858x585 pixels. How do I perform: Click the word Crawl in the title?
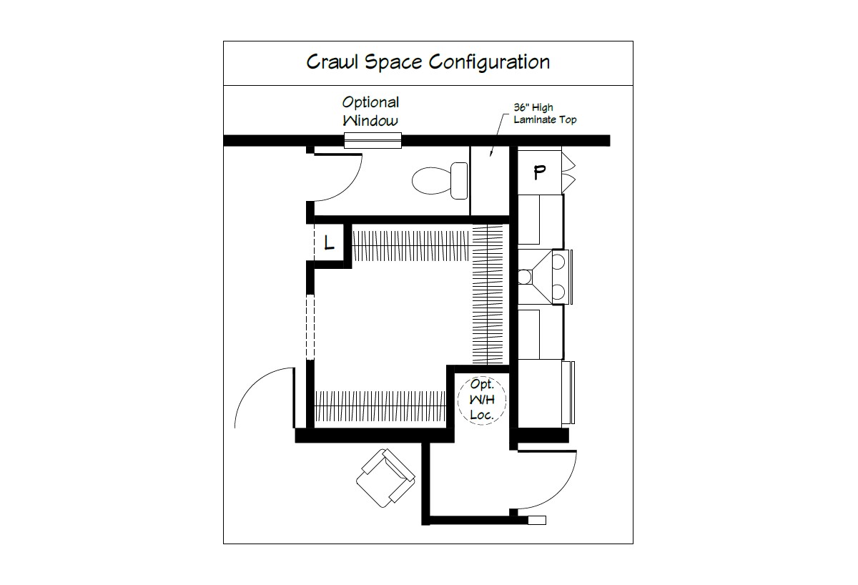(x=331, y=62)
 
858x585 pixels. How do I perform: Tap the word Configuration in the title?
(x=489, y=62)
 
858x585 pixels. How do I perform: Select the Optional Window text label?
(x=370, y=111)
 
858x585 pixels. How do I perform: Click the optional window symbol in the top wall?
(x=373, y=141)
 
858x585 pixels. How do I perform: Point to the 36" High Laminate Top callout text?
(x=545, y=114)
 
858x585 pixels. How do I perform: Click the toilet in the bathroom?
(x=440, y=180)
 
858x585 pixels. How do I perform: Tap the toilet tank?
(x=459, y=180)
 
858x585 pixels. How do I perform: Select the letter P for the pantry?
(x=539, y=172)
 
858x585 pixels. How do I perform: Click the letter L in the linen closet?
(x=329, y=243)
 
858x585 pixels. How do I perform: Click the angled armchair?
(x=385, y=478)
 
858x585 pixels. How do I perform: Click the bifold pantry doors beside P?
(x=568, y=172)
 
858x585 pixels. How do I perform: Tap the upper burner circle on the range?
(x=558, y=262)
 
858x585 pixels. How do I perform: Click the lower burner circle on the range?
(x=558, y=292)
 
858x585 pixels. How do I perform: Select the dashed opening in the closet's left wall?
(x=310, y=327)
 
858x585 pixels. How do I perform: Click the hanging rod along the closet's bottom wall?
(x=380, y=405)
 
